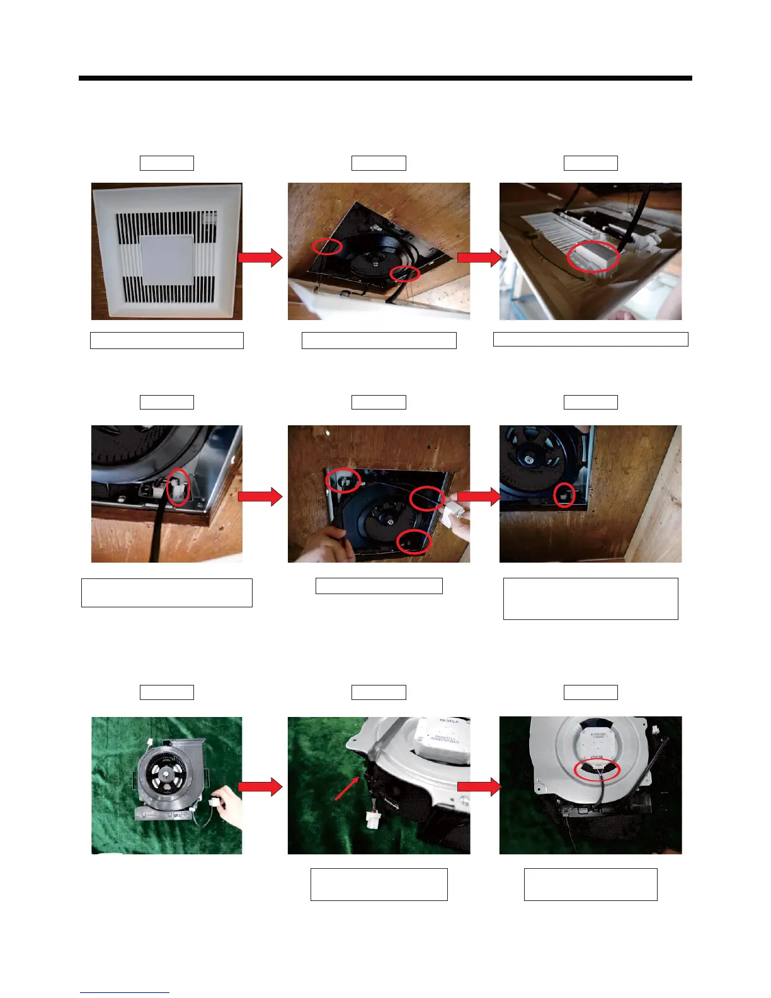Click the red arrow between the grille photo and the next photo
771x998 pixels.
click(x=260, y=257)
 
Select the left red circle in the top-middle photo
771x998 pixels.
click(x=328, y=246)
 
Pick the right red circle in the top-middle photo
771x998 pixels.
click(x=404, y=273)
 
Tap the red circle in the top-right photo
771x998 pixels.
click(x=593, y=256)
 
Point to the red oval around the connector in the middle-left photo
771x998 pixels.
click(x=178, y=487)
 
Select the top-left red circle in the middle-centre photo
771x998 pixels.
click(x=343, y=481)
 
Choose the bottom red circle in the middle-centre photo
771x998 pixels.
click(x=414, y=542)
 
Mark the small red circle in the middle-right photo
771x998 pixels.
click(x=564, y=495)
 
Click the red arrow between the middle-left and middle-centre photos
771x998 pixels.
click(x=260, y=496)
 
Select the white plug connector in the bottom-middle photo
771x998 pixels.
click(x=372, y=819)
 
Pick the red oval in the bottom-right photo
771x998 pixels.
click(x=598, y=770)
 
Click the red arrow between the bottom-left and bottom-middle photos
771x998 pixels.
click(x=260, y=786)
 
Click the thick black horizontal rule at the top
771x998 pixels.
click(x=385, y=78)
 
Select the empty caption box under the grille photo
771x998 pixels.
click(x=167, y=340)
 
